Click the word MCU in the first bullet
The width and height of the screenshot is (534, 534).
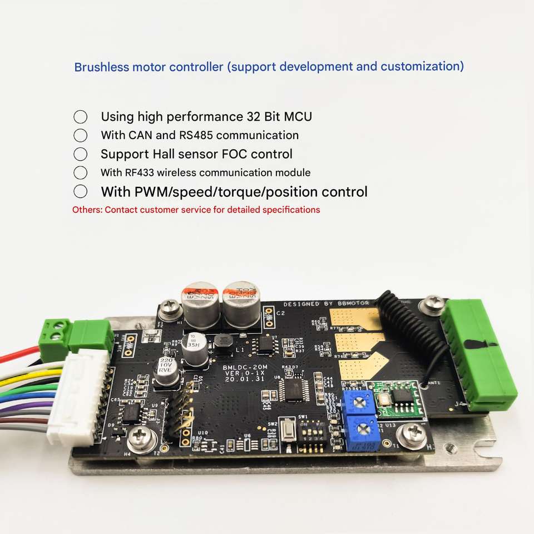click(x=298, y=117)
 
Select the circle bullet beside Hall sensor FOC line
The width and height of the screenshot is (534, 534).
click(x=81, y=154)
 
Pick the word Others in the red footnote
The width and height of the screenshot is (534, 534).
click(x=87, y=210)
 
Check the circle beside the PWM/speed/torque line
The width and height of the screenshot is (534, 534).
click(x=81, y=192)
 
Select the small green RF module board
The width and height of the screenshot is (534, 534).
click(x=395, y=397)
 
